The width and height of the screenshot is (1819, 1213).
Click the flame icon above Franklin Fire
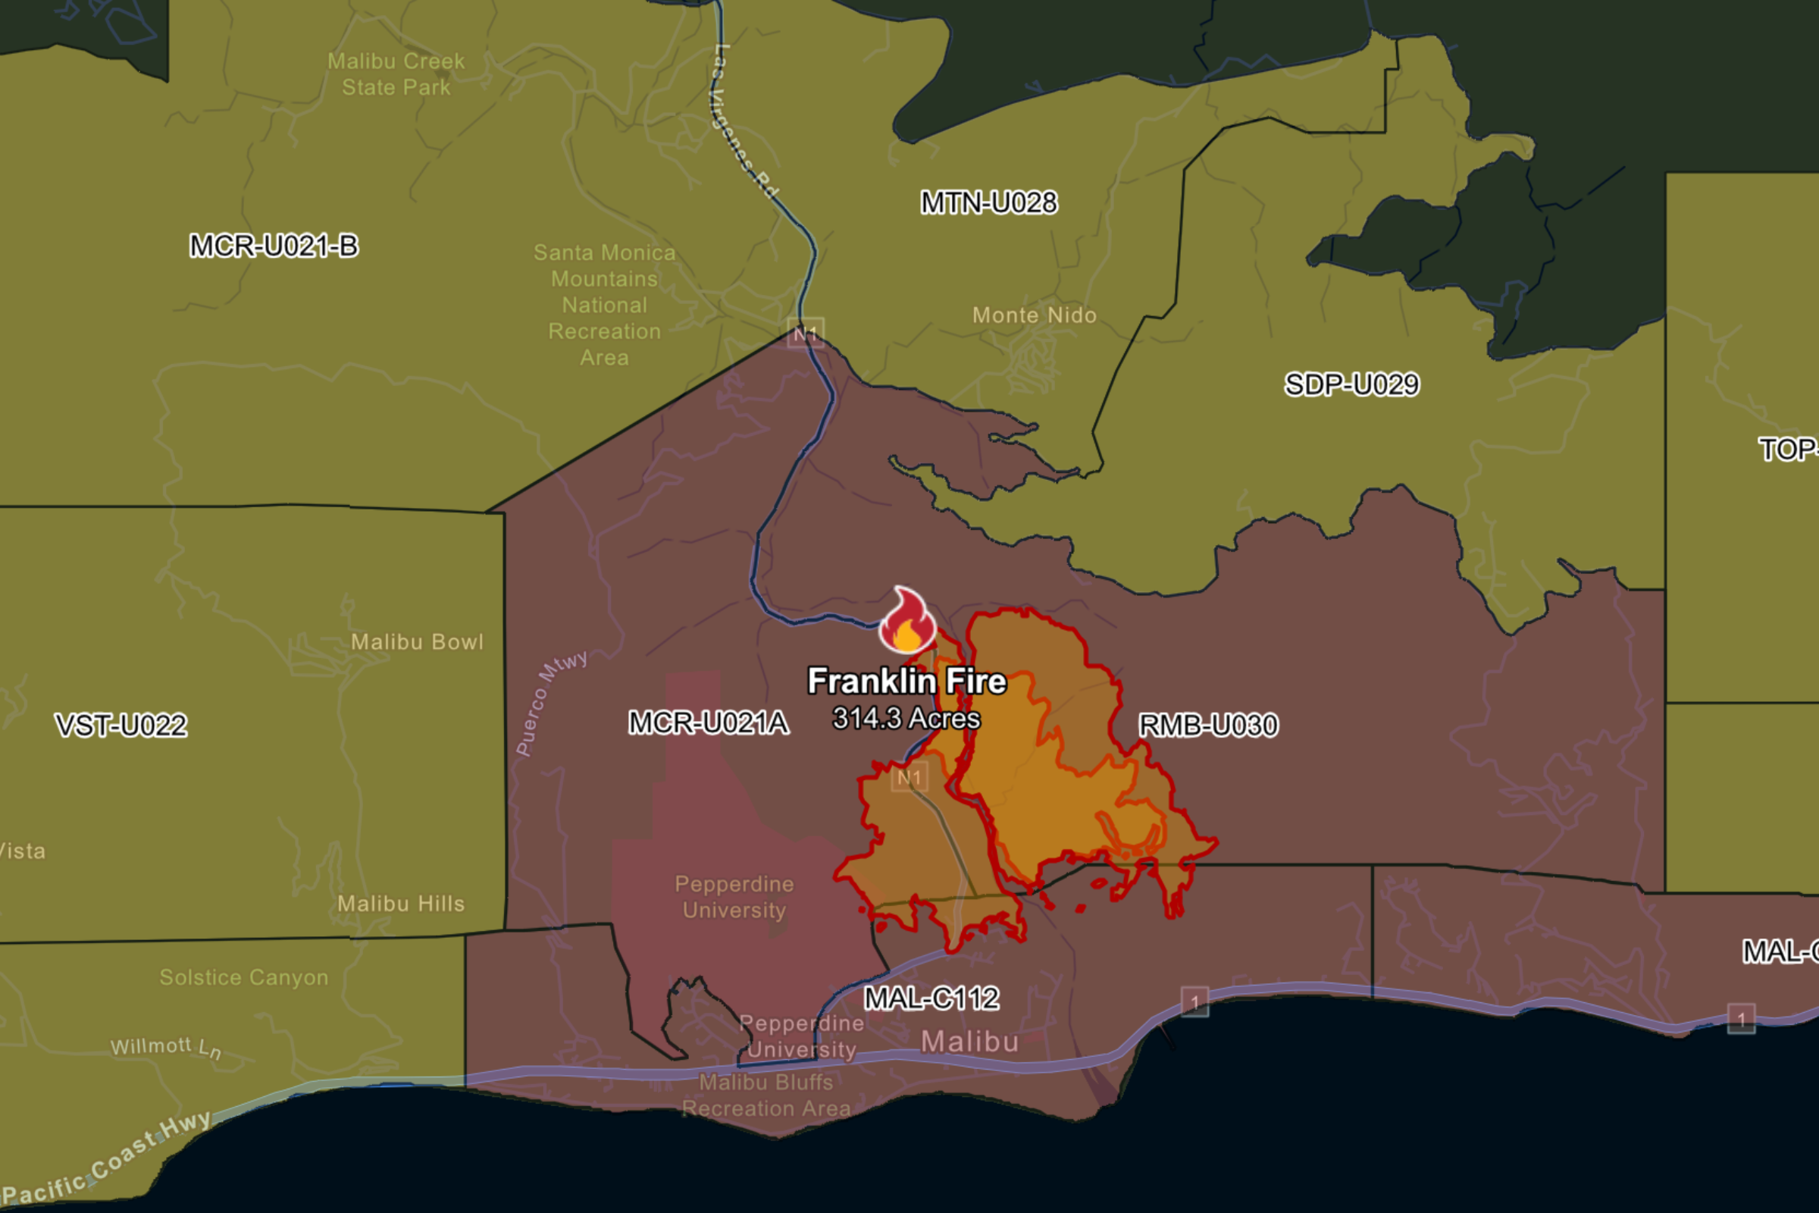point(906,621)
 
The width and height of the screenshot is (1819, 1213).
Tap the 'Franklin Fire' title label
point(907,681)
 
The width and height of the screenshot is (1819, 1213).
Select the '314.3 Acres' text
point(906,719)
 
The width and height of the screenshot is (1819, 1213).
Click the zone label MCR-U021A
point(709,723)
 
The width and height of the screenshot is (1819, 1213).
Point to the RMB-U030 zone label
point(1208,726)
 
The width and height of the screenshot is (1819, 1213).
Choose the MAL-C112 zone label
point(931,998)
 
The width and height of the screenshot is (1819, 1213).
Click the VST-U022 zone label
point(121,726)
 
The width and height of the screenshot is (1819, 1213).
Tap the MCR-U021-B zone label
point(274,246)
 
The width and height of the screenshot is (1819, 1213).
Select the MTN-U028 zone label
point(988,202)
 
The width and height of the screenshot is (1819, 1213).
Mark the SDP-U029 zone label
point(1351,384)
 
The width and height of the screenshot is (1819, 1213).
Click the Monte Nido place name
point(1034,315)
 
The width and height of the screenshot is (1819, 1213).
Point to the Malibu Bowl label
point(417,642)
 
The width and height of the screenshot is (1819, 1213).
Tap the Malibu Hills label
point(401,904)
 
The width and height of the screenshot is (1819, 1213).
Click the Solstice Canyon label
point(243,977)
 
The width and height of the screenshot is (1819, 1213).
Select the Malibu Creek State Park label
point(396,74)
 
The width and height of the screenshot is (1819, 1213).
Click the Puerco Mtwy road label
point(551,702)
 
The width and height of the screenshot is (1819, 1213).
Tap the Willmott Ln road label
point(166,1048)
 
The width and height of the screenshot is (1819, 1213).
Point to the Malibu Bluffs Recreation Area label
point(765,1095)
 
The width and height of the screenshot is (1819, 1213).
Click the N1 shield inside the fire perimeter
point(909,778)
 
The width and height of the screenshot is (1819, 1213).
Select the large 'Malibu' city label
point(970,1042)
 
